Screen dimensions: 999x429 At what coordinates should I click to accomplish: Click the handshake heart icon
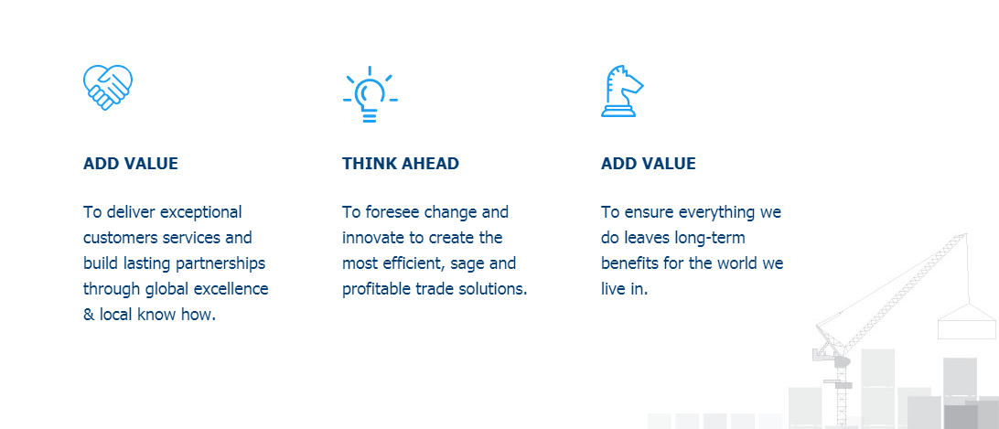108,87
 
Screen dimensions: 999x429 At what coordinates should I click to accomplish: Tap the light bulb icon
371,93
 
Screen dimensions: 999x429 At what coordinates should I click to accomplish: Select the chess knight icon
621,91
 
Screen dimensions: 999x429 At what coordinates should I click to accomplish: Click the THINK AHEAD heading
400,163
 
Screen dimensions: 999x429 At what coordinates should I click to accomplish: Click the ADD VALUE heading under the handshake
131,163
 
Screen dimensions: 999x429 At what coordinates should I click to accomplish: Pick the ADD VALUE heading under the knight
648,163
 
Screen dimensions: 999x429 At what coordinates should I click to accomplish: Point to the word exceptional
200,212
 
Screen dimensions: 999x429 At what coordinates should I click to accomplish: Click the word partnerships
220,263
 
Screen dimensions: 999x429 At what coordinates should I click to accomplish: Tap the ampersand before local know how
89,315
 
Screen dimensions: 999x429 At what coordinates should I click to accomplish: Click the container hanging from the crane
966,321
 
